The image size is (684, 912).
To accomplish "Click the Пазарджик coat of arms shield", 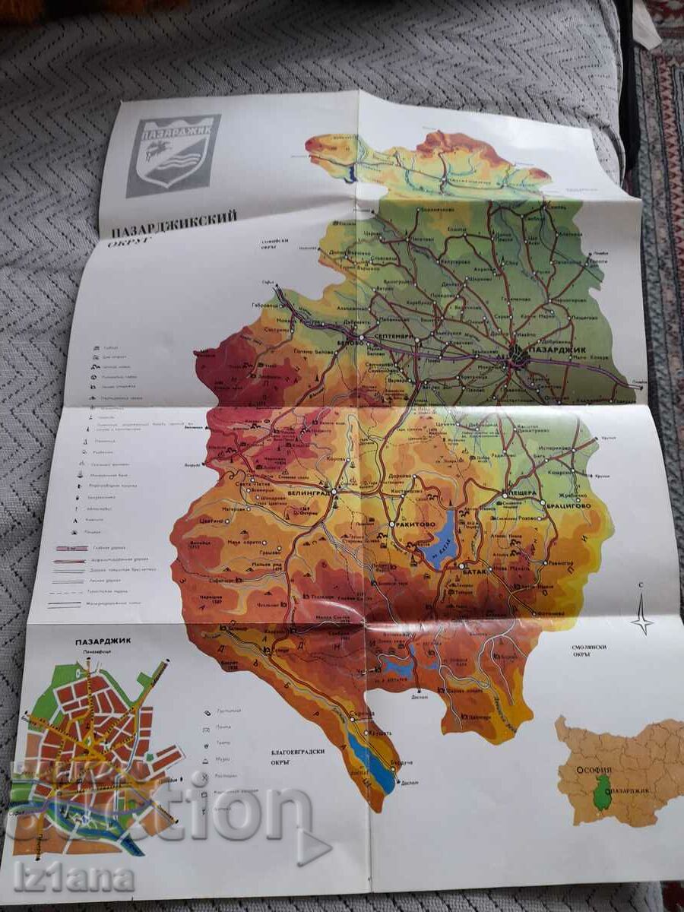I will pyautogui.click(x=173, y=154).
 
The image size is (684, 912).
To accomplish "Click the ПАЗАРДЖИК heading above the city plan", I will pyautogui.click(x=103, y=641).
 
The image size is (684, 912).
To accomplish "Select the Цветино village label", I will pyautogui.click(x=213, y=521).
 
